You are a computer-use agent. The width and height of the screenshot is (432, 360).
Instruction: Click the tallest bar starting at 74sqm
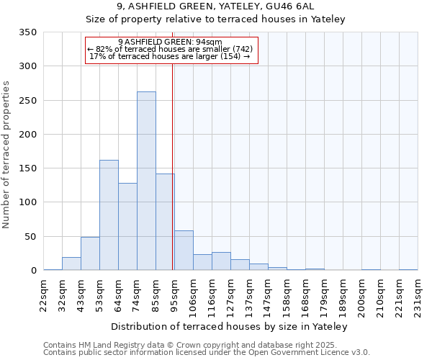pos(146,181)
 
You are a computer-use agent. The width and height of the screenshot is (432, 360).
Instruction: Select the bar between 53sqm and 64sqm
pos(109,215)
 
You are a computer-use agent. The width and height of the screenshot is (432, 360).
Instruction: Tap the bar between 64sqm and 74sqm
pos(127,227)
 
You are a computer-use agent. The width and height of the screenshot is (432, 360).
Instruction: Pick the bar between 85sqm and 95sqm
pos(165,222)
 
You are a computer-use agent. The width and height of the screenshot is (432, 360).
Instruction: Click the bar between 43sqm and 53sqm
pos(90,253)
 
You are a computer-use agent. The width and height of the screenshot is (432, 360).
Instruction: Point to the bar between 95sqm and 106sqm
pos(184,251)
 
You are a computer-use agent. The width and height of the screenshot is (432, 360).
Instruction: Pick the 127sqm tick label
pos(231,294)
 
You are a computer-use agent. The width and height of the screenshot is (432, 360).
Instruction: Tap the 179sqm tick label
pos(325,294)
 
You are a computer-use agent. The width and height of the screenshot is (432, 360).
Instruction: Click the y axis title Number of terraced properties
pos(6,155)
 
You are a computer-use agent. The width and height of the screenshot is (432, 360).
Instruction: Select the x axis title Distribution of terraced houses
pos(230,327)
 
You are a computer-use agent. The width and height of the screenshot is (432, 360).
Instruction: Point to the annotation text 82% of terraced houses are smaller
pos(171,49)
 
